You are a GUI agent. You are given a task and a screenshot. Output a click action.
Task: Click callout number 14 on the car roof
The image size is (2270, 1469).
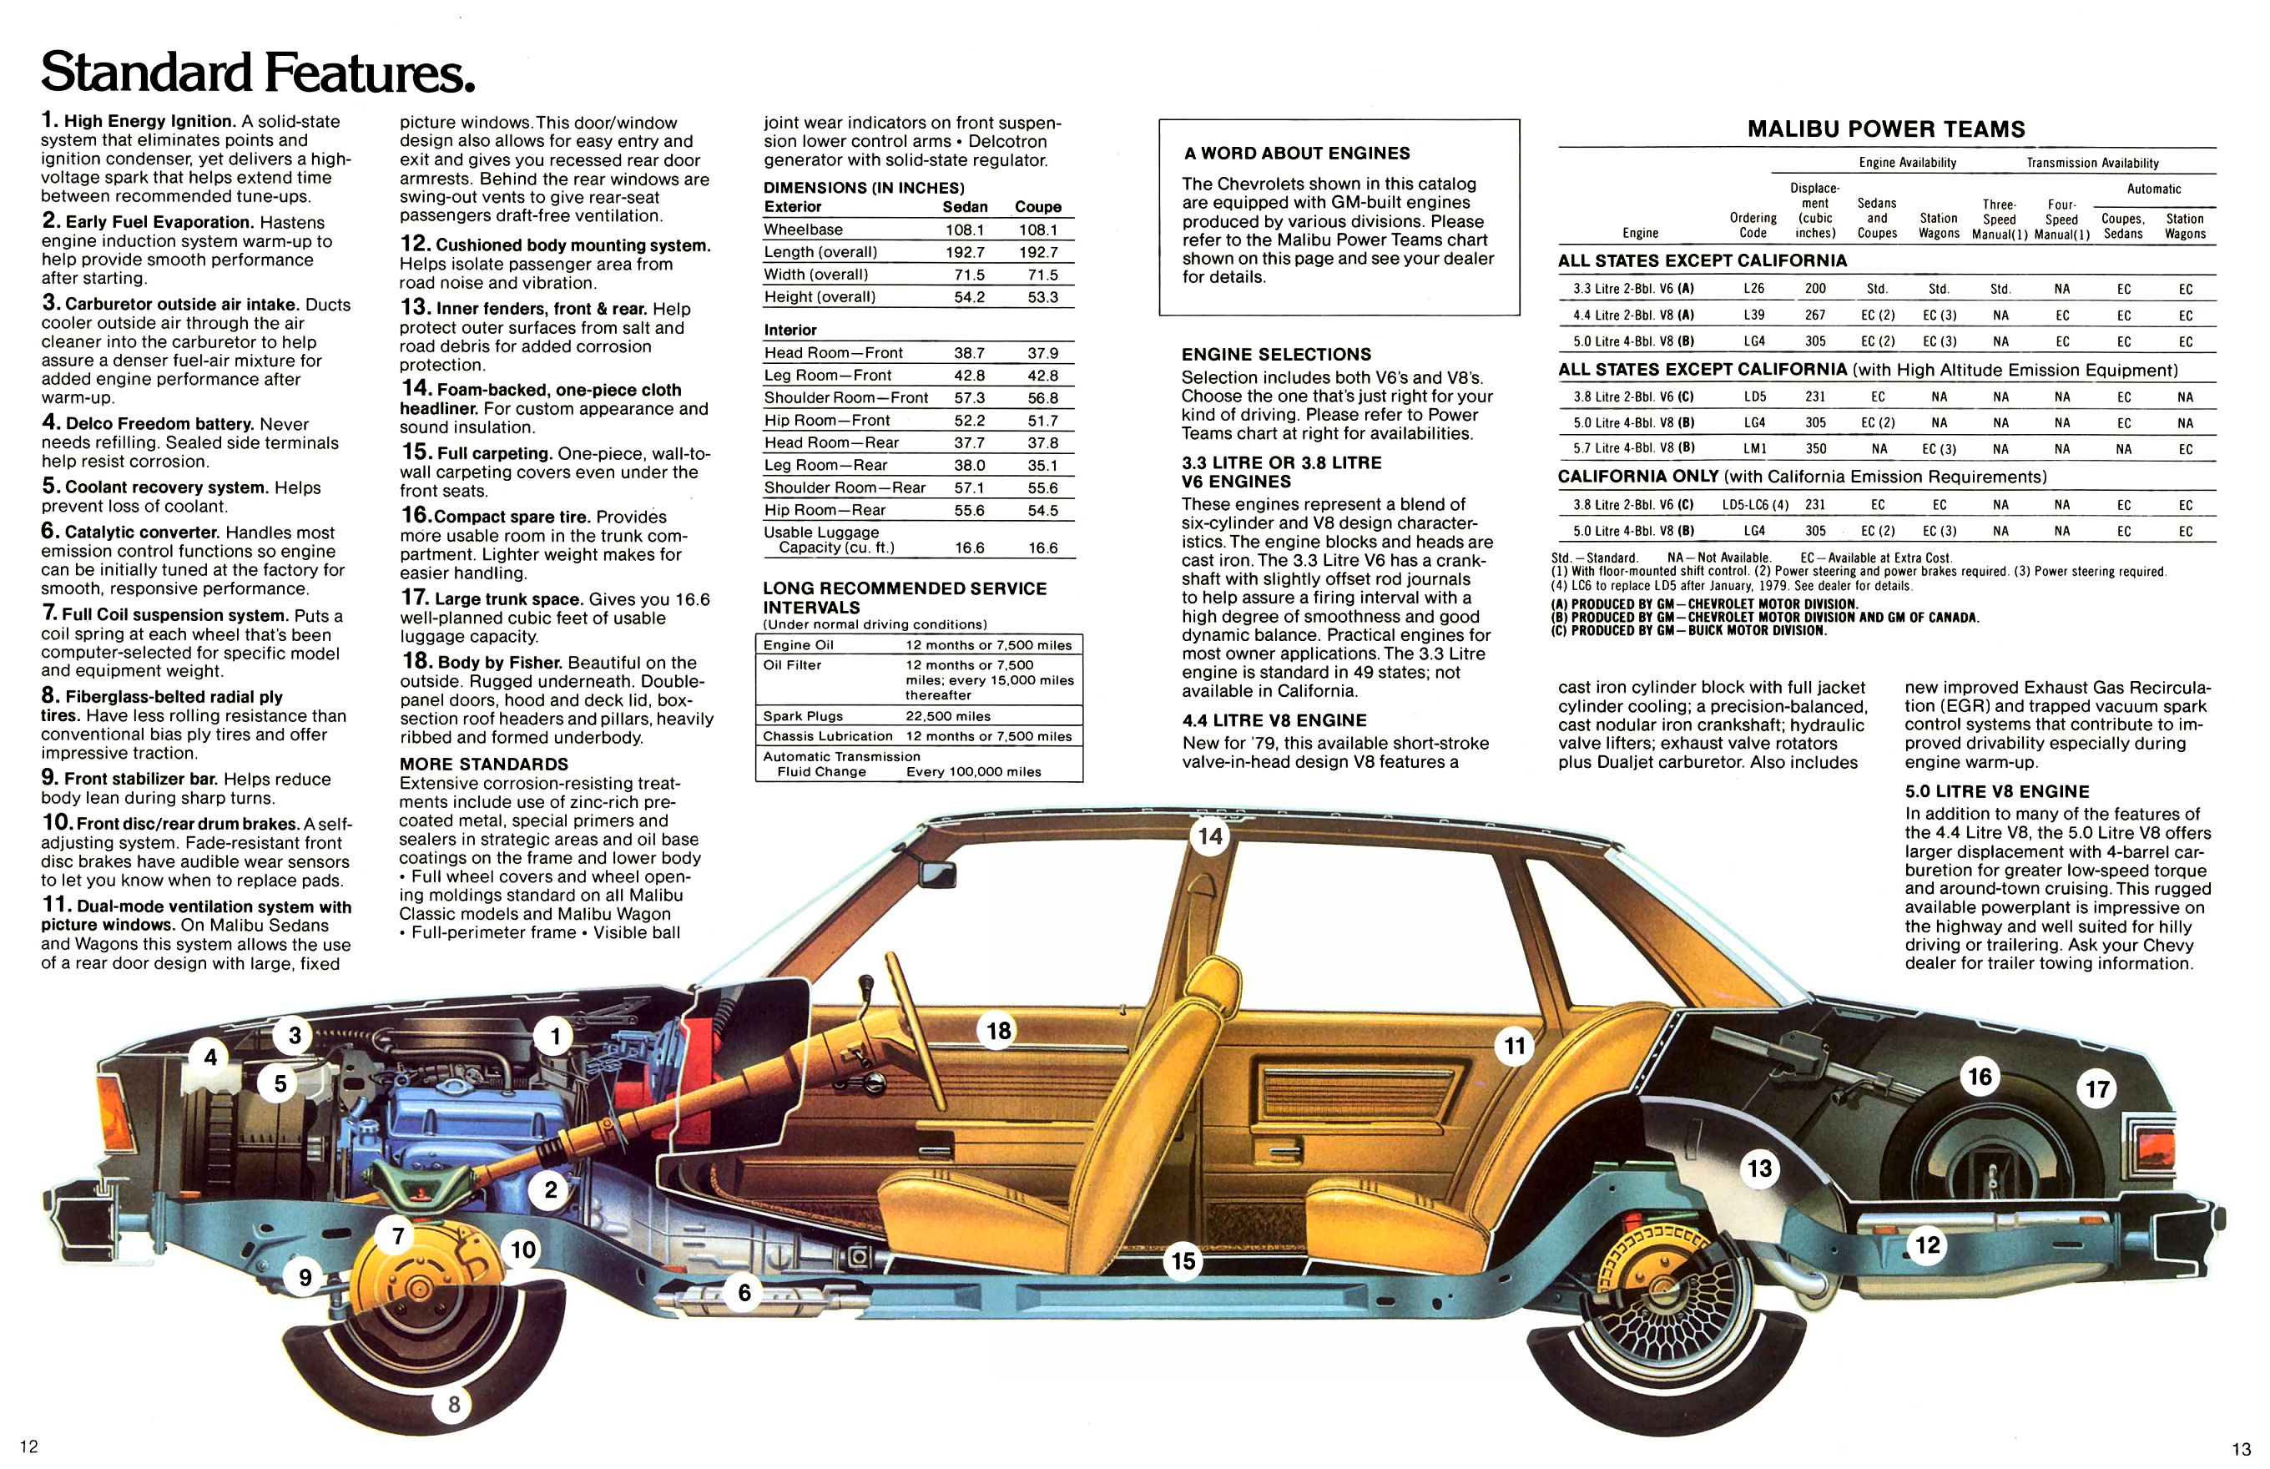click(1209, 836)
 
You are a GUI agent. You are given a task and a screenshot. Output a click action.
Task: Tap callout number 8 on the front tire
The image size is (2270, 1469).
click(454, 1404)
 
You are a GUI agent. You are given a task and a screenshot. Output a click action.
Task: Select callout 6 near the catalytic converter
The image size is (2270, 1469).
click(744, 1293)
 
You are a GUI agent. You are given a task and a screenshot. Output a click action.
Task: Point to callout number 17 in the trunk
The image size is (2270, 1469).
click(2097, 1088)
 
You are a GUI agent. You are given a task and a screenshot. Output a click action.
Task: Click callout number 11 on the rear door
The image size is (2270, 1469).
click(1515, 1047)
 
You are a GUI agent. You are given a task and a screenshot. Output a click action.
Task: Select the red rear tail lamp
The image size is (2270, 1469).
click(2147, 1143)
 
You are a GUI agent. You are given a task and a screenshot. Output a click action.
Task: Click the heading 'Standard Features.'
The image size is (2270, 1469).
click(258, 73)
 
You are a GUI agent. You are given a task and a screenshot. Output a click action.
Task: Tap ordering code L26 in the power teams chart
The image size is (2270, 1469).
click(1753, 288)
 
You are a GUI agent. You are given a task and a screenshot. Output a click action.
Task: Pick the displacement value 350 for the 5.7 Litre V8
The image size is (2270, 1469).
click(1815, 448)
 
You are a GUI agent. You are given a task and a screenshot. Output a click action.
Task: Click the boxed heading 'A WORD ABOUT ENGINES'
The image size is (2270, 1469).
click(1296, 153)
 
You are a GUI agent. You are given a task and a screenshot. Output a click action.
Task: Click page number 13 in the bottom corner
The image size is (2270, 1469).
click(2239, 1448)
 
